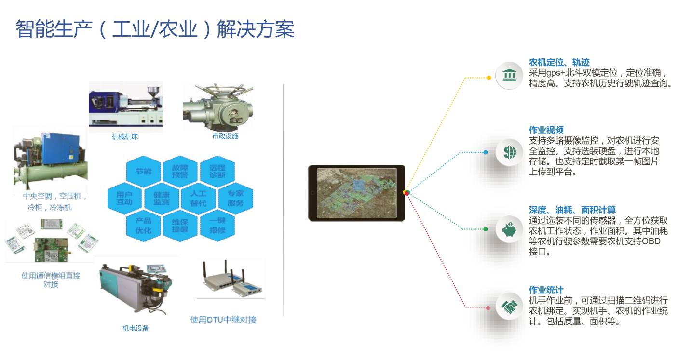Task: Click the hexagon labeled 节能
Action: point(143,171)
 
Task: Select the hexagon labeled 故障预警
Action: point(180,171)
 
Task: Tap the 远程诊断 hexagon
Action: point(217,171)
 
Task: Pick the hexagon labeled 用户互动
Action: point(124,198)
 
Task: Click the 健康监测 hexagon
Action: point(162,199)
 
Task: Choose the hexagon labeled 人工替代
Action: point(198,199)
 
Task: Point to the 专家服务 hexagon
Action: point(235,199)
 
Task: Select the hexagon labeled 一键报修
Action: point(217,226)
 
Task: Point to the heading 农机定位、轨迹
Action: point(559,63)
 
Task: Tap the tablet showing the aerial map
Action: point(356,193)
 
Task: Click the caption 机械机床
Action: point(125,136)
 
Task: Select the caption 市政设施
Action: point(225,136)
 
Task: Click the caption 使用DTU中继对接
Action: point(223,320)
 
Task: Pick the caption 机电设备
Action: point(136,328)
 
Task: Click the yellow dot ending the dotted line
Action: point(489,77)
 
